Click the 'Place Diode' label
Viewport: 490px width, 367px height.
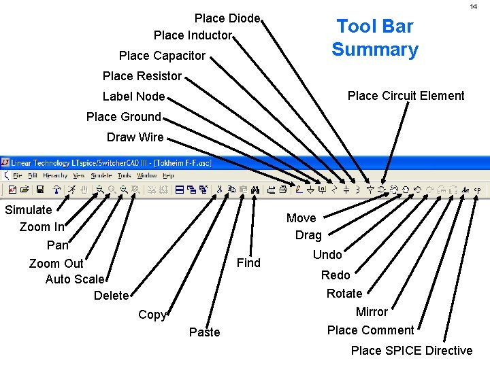[227, 18]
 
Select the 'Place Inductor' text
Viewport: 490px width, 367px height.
[193, 35]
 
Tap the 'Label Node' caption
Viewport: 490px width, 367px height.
[133, 97]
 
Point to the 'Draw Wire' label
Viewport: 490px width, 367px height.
[135, 137]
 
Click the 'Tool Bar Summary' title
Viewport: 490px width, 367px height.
[375, 38]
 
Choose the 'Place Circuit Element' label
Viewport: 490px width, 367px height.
[406, 96]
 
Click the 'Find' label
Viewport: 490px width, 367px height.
[248, 263]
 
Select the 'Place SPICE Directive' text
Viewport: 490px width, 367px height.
[411, 351]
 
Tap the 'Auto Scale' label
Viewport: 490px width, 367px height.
[75, 279]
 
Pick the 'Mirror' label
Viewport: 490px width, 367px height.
[372, 312]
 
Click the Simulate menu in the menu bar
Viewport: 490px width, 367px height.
[102, 175]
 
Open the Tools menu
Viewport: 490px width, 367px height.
[124, 175]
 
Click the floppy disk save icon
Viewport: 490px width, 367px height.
[40, 190]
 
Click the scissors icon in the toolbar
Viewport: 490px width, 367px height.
[220, 190]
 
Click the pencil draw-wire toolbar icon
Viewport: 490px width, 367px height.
[299, 190]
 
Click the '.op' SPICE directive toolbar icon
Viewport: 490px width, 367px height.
[477, 190]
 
